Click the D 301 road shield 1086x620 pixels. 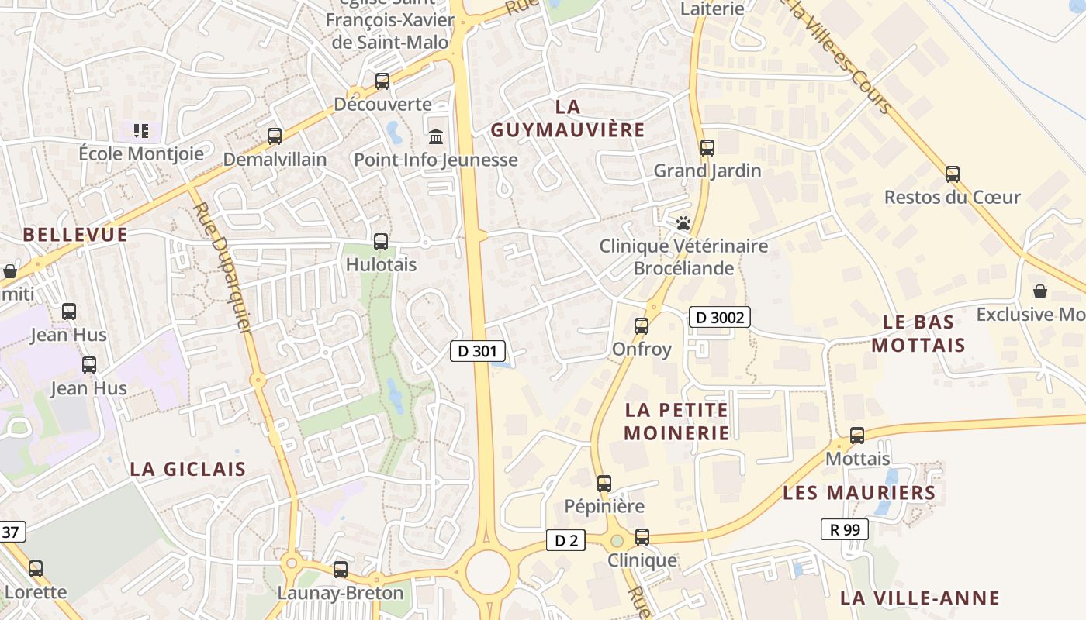click(x=472, y=351)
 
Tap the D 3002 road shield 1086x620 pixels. click(x=719, y=316)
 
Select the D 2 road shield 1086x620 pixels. click(x=565, y=540)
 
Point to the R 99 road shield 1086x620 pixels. click(x=844, y=529)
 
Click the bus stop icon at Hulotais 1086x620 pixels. click(x=381, y=241)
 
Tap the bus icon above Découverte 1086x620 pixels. click(x=382, y=81)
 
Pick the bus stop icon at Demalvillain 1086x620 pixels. click(x=275, y=136)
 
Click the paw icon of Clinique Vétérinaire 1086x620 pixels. click(x=683, y=223)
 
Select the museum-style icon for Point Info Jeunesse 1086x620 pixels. click(x=436, y=136)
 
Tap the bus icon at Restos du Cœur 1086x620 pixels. click(x=953, y=174)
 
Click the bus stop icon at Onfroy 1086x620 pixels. click(x=642, y=325)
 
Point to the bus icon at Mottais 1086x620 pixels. click(x=857, y=436)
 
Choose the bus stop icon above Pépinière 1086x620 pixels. click(x=604, y=484)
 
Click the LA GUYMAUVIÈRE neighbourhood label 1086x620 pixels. click(x=568, y=118)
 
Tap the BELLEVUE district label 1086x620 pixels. click(x=75, y=235)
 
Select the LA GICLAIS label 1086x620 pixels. click(x=188, y=469)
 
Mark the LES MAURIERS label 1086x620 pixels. click(x=859, y=493)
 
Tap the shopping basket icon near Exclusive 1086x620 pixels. click(x=1039, y=291)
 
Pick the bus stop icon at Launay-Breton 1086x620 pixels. click(x=340, y=569)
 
